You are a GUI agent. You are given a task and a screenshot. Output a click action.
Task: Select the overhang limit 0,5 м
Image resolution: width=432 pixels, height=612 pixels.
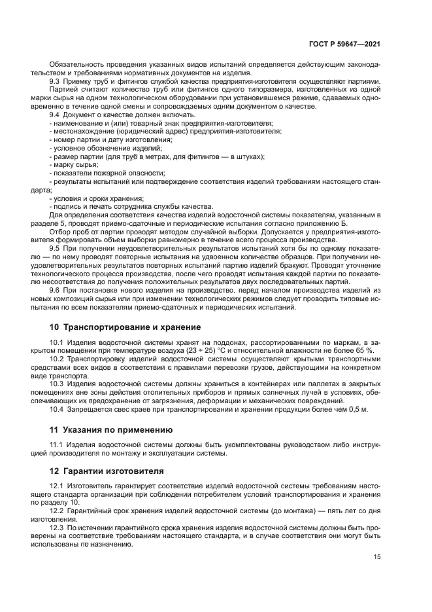point(358,410)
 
